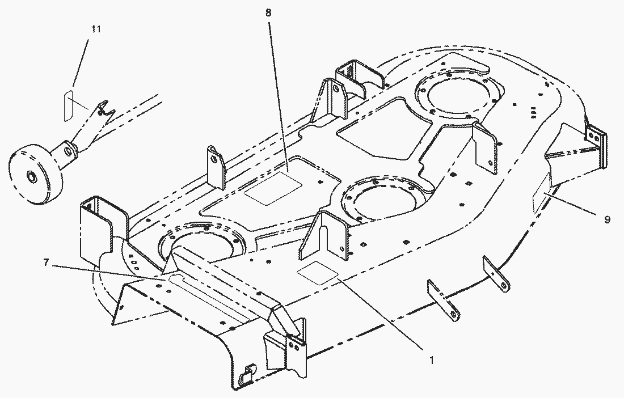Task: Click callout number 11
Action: coord(96,29)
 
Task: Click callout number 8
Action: coord(267,12)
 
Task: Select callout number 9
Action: coord(607,219)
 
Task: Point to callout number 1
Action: coord(431,359)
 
